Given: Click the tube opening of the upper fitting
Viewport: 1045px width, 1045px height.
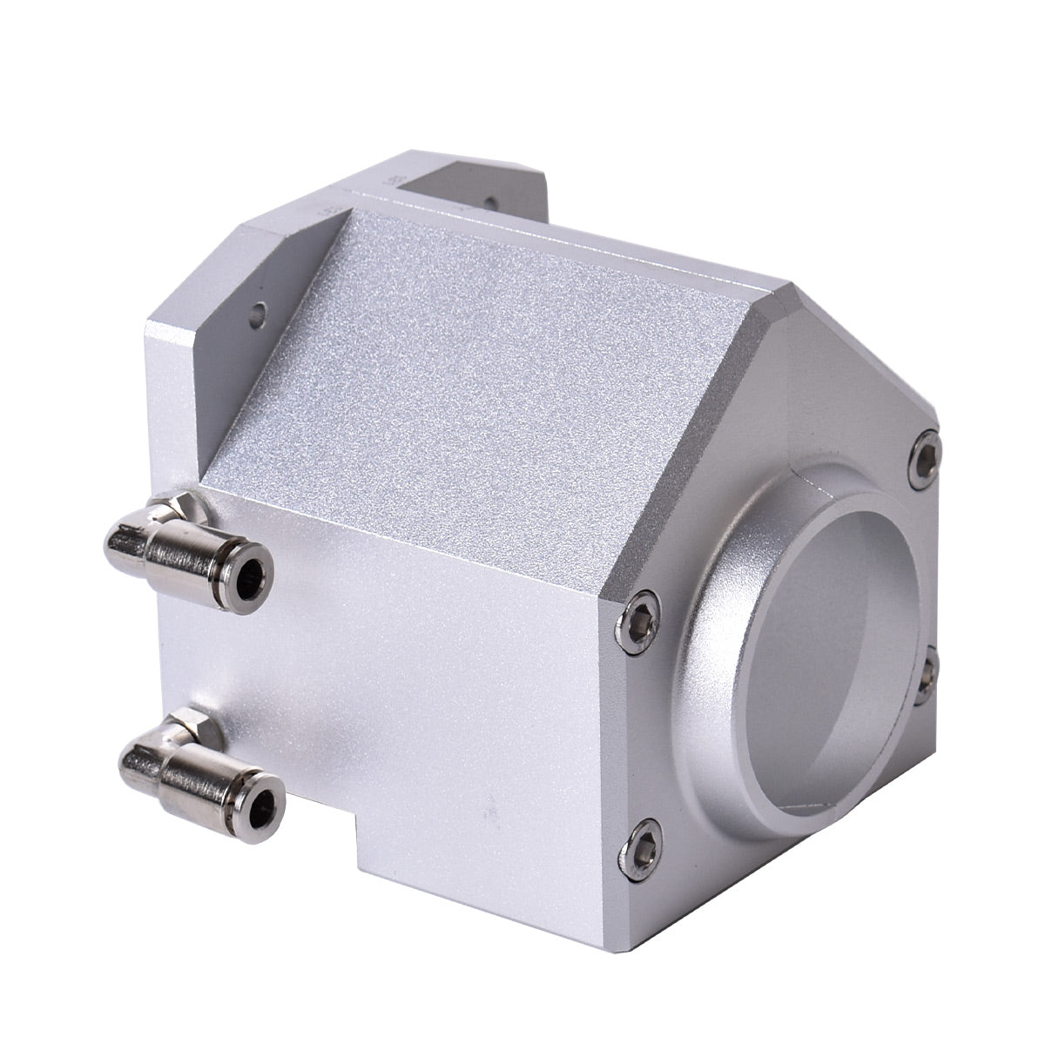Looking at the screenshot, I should point(253,573).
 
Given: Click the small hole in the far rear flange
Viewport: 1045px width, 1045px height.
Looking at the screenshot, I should point(490,202).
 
